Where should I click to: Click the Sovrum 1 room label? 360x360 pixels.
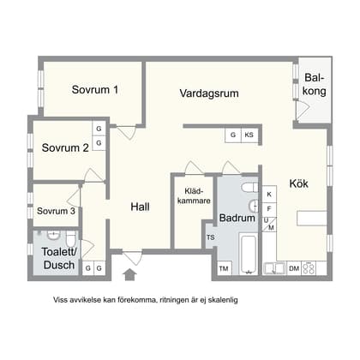click(95, 90)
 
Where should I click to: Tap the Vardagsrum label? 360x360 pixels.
click(209, 93)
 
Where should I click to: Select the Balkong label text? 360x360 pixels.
click(315, 85)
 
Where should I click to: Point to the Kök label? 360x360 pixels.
click(299, 183)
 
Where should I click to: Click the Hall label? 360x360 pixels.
click(140, 207)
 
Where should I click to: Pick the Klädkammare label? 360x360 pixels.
click(194, 196)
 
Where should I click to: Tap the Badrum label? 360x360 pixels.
click(237, 218)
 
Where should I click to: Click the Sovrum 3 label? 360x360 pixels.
click(56, 211)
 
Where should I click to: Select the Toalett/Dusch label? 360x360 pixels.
click(59, 258)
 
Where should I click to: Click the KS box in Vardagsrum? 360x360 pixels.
click(249, 135)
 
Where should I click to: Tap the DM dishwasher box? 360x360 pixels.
click(294, 268)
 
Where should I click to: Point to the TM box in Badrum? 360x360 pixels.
click(224, 268)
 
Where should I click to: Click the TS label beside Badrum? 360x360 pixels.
click(211, 237)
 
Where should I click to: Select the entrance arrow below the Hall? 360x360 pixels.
click(129, 274)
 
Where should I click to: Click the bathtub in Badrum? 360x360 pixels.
click(248, 254)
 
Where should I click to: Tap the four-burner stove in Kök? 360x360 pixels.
click(309, 268)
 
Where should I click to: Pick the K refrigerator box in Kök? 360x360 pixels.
click(269, 195)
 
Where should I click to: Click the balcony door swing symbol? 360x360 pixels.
click(303, 110)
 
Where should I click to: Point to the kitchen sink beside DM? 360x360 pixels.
click(274, 268)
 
